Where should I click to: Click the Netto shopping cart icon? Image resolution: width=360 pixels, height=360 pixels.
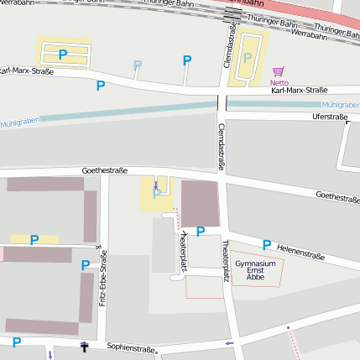tap(278, 71)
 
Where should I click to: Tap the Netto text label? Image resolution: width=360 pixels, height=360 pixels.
tap(279, 82)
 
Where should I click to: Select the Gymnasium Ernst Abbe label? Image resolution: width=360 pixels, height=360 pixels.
tap(255, 269)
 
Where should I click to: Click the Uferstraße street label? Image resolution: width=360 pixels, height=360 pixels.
tap(329, 117)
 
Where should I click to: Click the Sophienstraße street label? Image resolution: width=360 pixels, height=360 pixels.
tap(133, 348)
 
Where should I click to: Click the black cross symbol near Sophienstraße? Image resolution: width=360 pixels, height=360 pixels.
tap(83, 346)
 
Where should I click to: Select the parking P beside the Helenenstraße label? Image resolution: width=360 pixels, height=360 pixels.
tap(267, 245)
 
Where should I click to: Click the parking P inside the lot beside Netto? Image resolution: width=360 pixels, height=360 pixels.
tap(247, 57)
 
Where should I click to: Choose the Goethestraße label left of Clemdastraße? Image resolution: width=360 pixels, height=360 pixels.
tap(104, 170)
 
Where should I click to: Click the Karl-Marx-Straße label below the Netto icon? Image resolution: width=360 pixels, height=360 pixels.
tap(299, 90)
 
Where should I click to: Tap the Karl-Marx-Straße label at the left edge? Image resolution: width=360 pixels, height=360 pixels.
tap(25, 71)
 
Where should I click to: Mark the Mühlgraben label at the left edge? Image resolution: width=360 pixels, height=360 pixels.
tap(20, 122)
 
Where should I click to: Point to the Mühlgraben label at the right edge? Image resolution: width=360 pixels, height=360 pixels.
tap(340, 105)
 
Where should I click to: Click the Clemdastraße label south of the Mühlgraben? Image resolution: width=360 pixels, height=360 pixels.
tap(222, 147)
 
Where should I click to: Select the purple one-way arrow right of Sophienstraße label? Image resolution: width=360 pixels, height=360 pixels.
tap(229, 342)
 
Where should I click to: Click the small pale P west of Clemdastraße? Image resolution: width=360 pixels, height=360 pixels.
tap(138, 64)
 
